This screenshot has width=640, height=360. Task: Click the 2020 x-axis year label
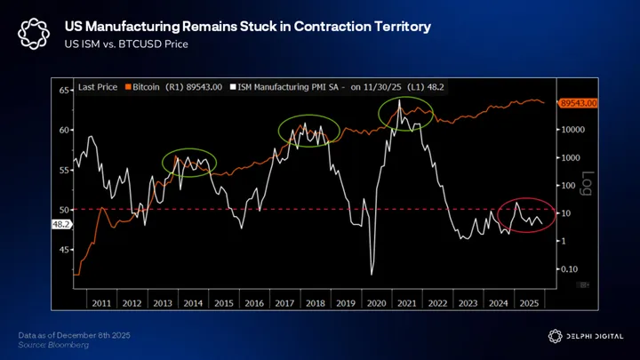(375, 301)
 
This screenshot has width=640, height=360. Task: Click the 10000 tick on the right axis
(572, 130)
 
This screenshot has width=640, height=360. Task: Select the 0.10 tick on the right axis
(569, 268)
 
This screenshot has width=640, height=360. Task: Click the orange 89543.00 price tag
(579, 104)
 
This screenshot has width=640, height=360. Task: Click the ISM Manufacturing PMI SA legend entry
(292, 87)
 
